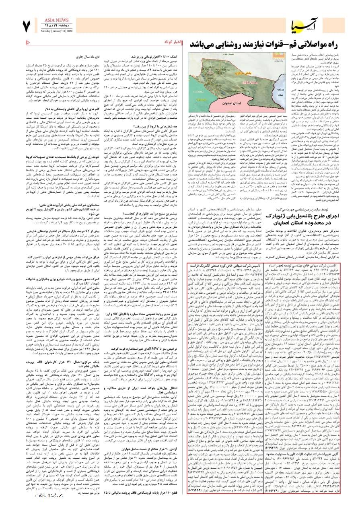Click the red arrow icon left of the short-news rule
click(27, 42)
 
